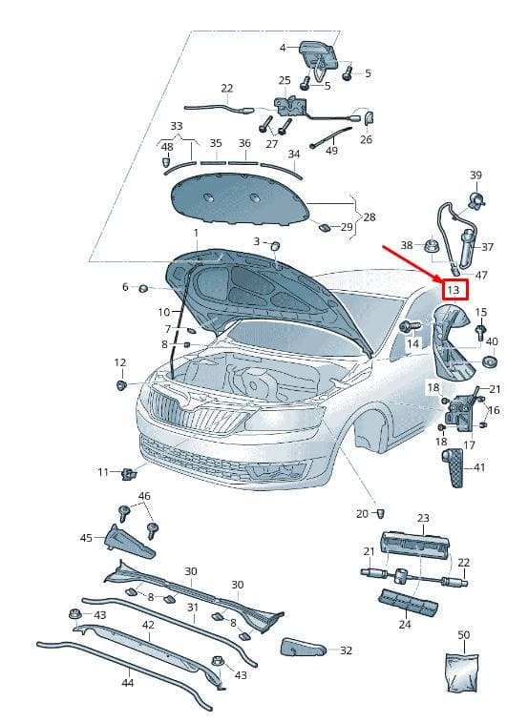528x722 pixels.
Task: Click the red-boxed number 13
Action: pos(454,290)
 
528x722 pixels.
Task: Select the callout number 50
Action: pos(463,635)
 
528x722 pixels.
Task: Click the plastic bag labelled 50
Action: pos(462,672)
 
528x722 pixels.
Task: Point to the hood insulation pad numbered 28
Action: pos(240,199)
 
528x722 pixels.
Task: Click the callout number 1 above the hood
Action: pos(196,233)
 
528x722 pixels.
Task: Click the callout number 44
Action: pos(128,682)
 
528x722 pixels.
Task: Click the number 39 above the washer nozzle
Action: pos(475,175)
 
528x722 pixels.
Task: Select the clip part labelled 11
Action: pos(129,472)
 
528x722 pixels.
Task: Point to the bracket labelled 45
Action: pos(130,542)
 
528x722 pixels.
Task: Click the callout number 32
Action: pos(346,650)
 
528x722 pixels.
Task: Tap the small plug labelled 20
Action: pos(380,513)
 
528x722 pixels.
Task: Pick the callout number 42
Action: pos(149,625)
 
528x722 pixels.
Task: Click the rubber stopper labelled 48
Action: pos(166,163)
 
